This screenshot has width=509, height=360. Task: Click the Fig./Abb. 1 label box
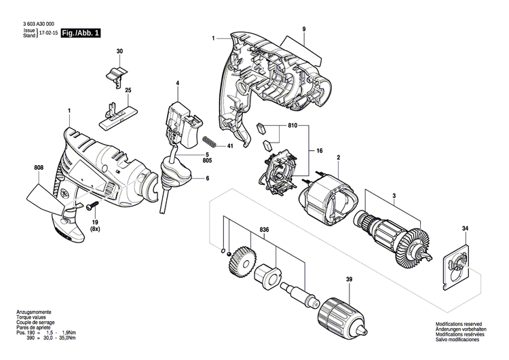80,33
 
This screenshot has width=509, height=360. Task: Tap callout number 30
119,52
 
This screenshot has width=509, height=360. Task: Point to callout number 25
128,90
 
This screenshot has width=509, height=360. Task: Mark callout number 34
465,228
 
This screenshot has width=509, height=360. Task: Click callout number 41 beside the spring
231,146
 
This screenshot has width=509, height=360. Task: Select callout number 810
293,126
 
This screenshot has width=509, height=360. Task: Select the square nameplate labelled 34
458,266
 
